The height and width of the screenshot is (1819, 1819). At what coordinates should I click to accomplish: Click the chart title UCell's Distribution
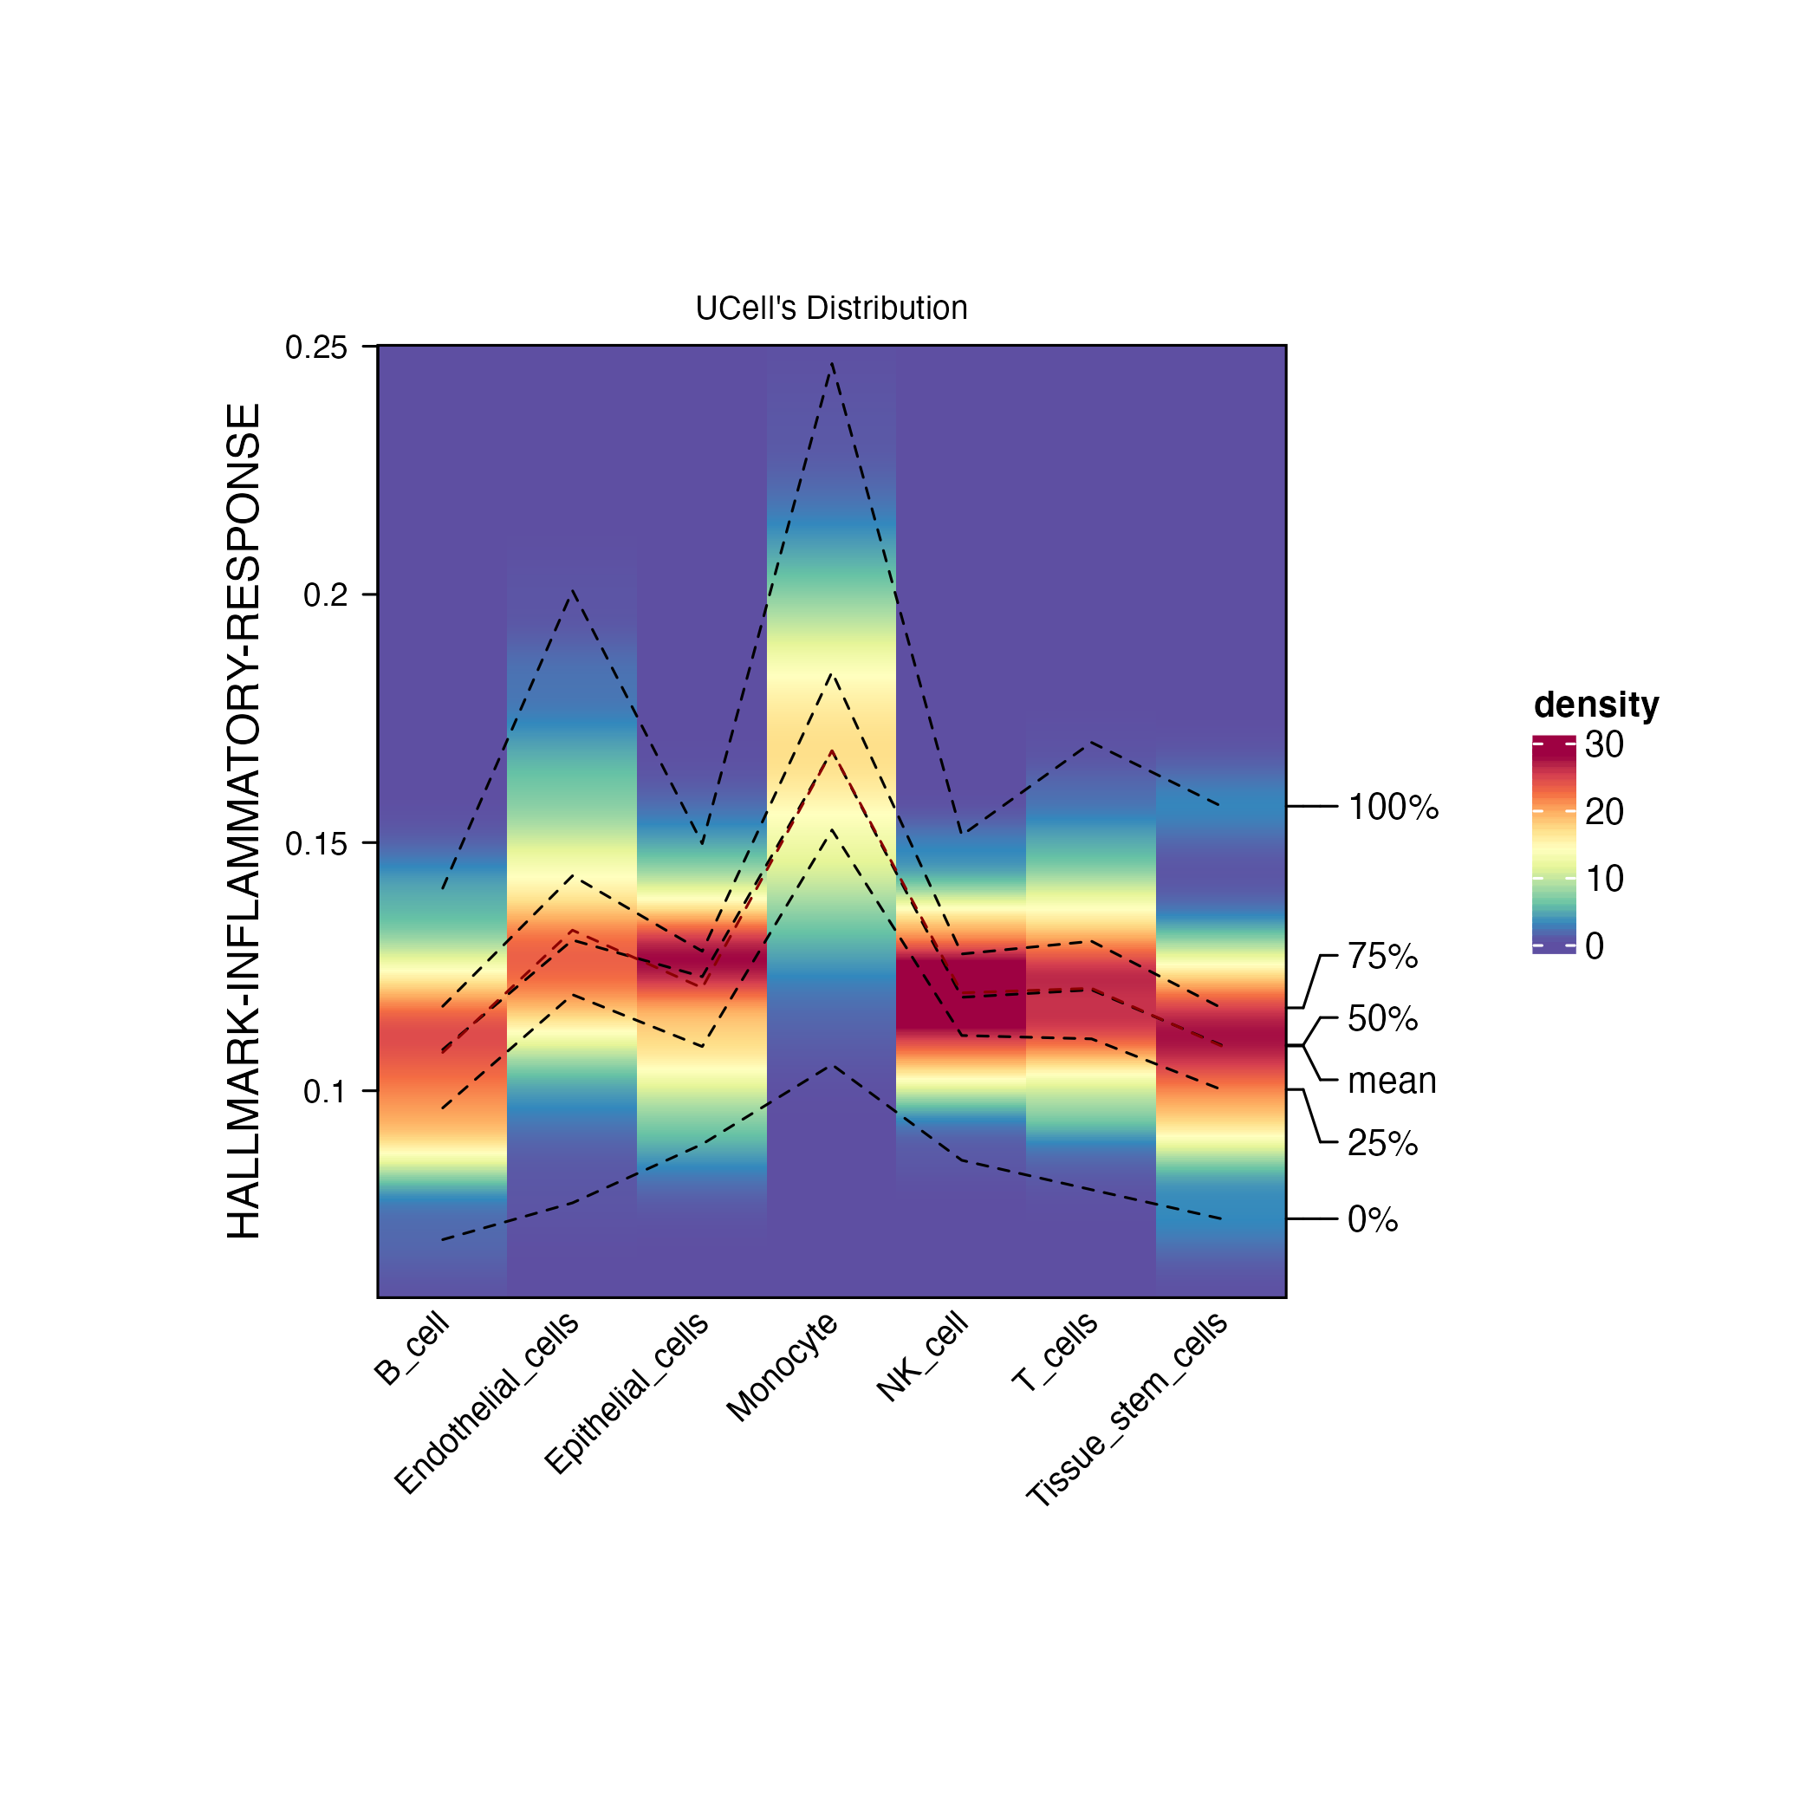click(831, 308)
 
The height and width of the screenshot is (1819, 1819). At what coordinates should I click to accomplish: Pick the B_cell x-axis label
click(413, 1349)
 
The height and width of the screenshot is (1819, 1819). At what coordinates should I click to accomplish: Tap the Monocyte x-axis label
click(783, 1365)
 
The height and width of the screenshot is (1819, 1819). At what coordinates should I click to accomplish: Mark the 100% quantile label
click(1393, 808)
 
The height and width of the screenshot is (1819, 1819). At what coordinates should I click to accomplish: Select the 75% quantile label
click(1382, 957)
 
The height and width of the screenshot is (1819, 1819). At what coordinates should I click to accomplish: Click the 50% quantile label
click(1382, 1019)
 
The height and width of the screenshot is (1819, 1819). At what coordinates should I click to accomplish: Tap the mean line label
click(1392, 1081)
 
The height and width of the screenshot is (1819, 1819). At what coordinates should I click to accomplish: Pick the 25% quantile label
click(1382, 1143)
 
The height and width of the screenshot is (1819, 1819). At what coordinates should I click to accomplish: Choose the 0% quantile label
click(1373, 1220)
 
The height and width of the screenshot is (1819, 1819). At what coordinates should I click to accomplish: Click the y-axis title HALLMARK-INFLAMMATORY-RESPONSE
click(244, 821)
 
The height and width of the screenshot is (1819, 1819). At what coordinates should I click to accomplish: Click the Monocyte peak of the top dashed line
click(832, 363)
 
